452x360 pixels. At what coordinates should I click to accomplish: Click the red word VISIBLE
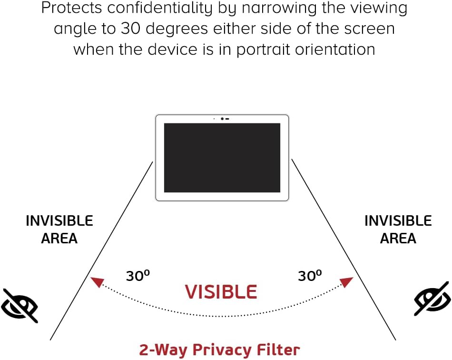click(221, 291)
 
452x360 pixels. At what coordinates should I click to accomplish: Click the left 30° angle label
click(138, 275)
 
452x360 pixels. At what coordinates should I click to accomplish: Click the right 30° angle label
click(310, 275)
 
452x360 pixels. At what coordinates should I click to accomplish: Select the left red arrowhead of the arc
click(97, 282)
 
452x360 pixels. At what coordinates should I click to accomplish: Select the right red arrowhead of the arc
click(347, 282)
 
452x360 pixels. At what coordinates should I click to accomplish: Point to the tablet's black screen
click(222, 158)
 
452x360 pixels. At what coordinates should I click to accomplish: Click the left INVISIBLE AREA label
click(59, 230)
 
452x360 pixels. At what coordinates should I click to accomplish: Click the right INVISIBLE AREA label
click(398, 230)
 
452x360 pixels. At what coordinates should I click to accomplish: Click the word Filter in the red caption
click(281, 349)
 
